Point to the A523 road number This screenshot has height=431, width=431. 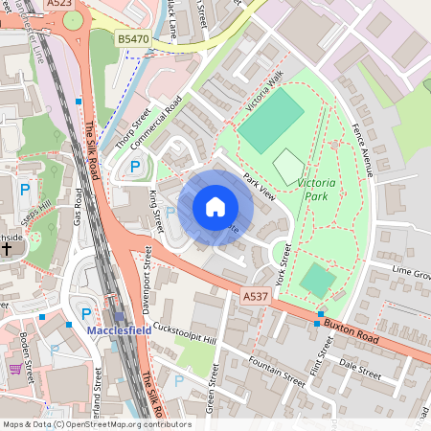60,5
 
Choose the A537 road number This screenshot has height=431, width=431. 255,297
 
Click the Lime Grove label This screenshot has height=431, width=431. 410,273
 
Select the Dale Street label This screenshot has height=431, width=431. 360,364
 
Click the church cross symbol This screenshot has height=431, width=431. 7,248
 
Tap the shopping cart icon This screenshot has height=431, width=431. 15,368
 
